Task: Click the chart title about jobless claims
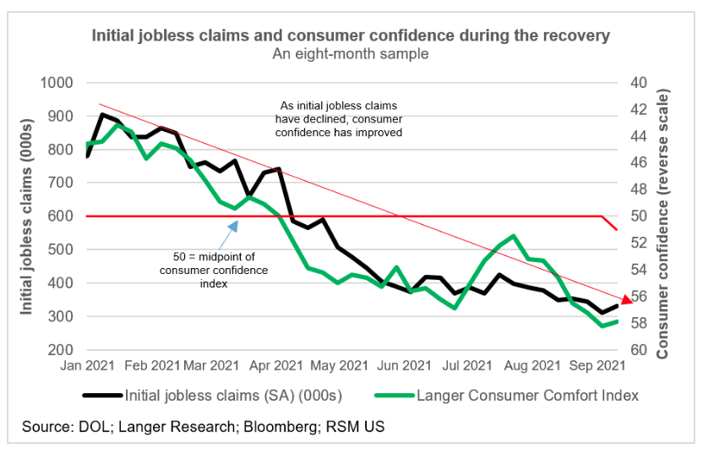(350, 36)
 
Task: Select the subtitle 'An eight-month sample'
(350, 54)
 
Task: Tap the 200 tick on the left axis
(62, 350)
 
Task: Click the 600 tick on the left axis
(62, 216)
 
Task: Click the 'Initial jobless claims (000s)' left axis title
(28, 216)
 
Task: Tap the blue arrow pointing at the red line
(234, 225)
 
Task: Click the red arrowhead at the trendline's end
(625, 298)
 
